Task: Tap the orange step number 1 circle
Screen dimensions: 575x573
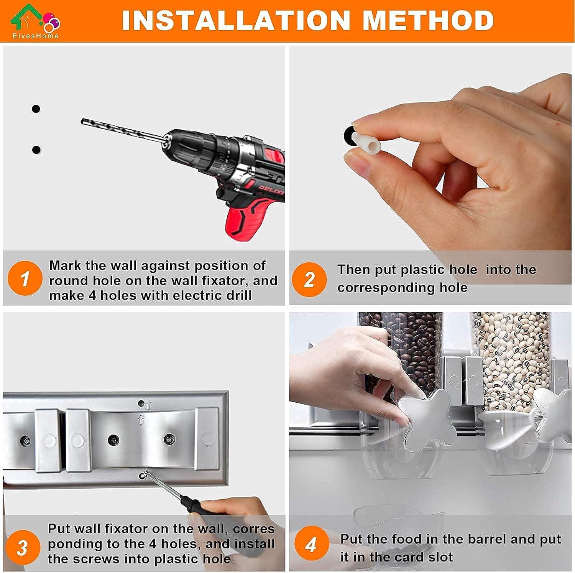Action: (x=25, y=278)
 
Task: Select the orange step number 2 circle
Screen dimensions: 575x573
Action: (x=310, y=279)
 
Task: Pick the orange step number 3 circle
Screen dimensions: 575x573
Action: (x=22, y=547)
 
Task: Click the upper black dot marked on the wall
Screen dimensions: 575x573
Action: (x=36, y=109)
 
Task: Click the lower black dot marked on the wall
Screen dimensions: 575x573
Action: (x=36, y=150)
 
